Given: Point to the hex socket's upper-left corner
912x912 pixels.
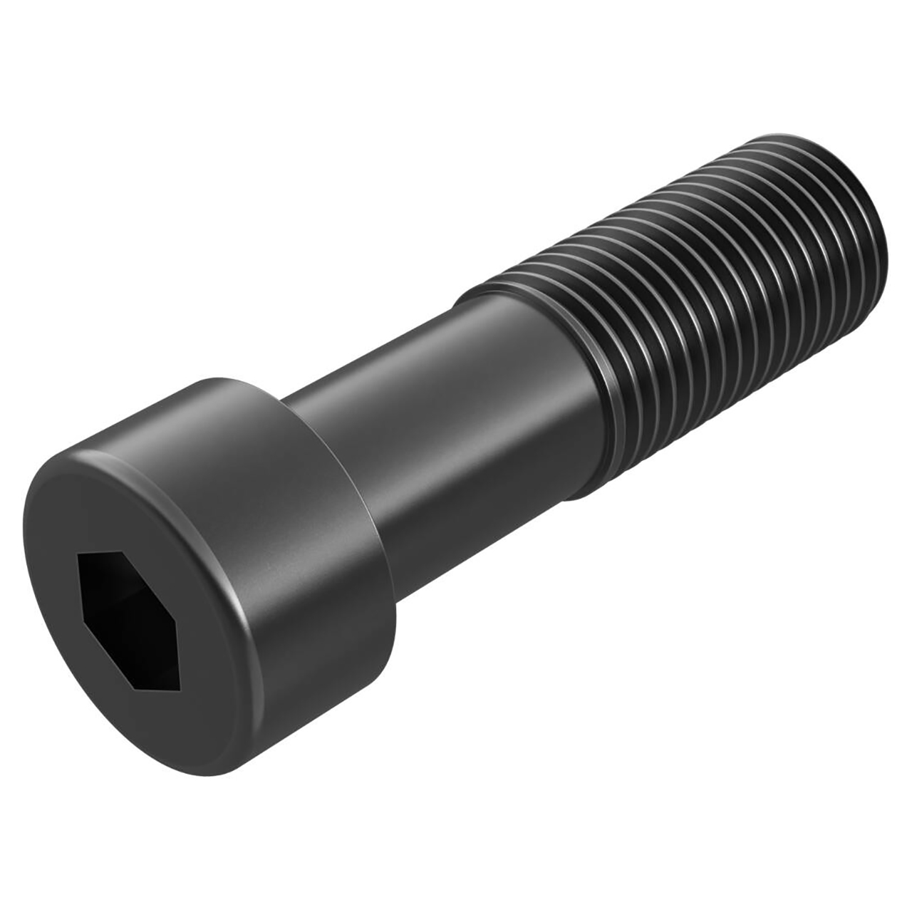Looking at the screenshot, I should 80,554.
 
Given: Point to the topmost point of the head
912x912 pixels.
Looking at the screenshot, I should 221,376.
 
